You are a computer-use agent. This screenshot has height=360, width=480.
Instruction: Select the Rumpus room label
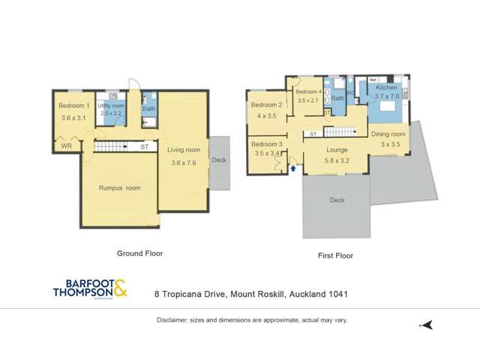tap(119, 187)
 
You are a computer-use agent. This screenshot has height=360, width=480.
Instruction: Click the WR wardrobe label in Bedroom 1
tap(67, 146)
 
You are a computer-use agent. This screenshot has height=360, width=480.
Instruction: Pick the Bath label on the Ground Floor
tap(148, 109)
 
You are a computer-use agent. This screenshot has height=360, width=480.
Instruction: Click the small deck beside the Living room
tap(219, 159)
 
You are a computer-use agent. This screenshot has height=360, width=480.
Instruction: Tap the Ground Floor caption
tap(139, 253)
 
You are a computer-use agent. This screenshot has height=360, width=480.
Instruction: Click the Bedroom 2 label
tap(266, 105)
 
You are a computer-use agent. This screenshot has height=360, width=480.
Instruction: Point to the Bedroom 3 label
tap(266, 144)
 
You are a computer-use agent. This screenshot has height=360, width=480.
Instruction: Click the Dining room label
tap(388, 134)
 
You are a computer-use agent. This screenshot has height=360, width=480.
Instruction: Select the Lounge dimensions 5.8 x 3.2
tap(336, 160)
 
